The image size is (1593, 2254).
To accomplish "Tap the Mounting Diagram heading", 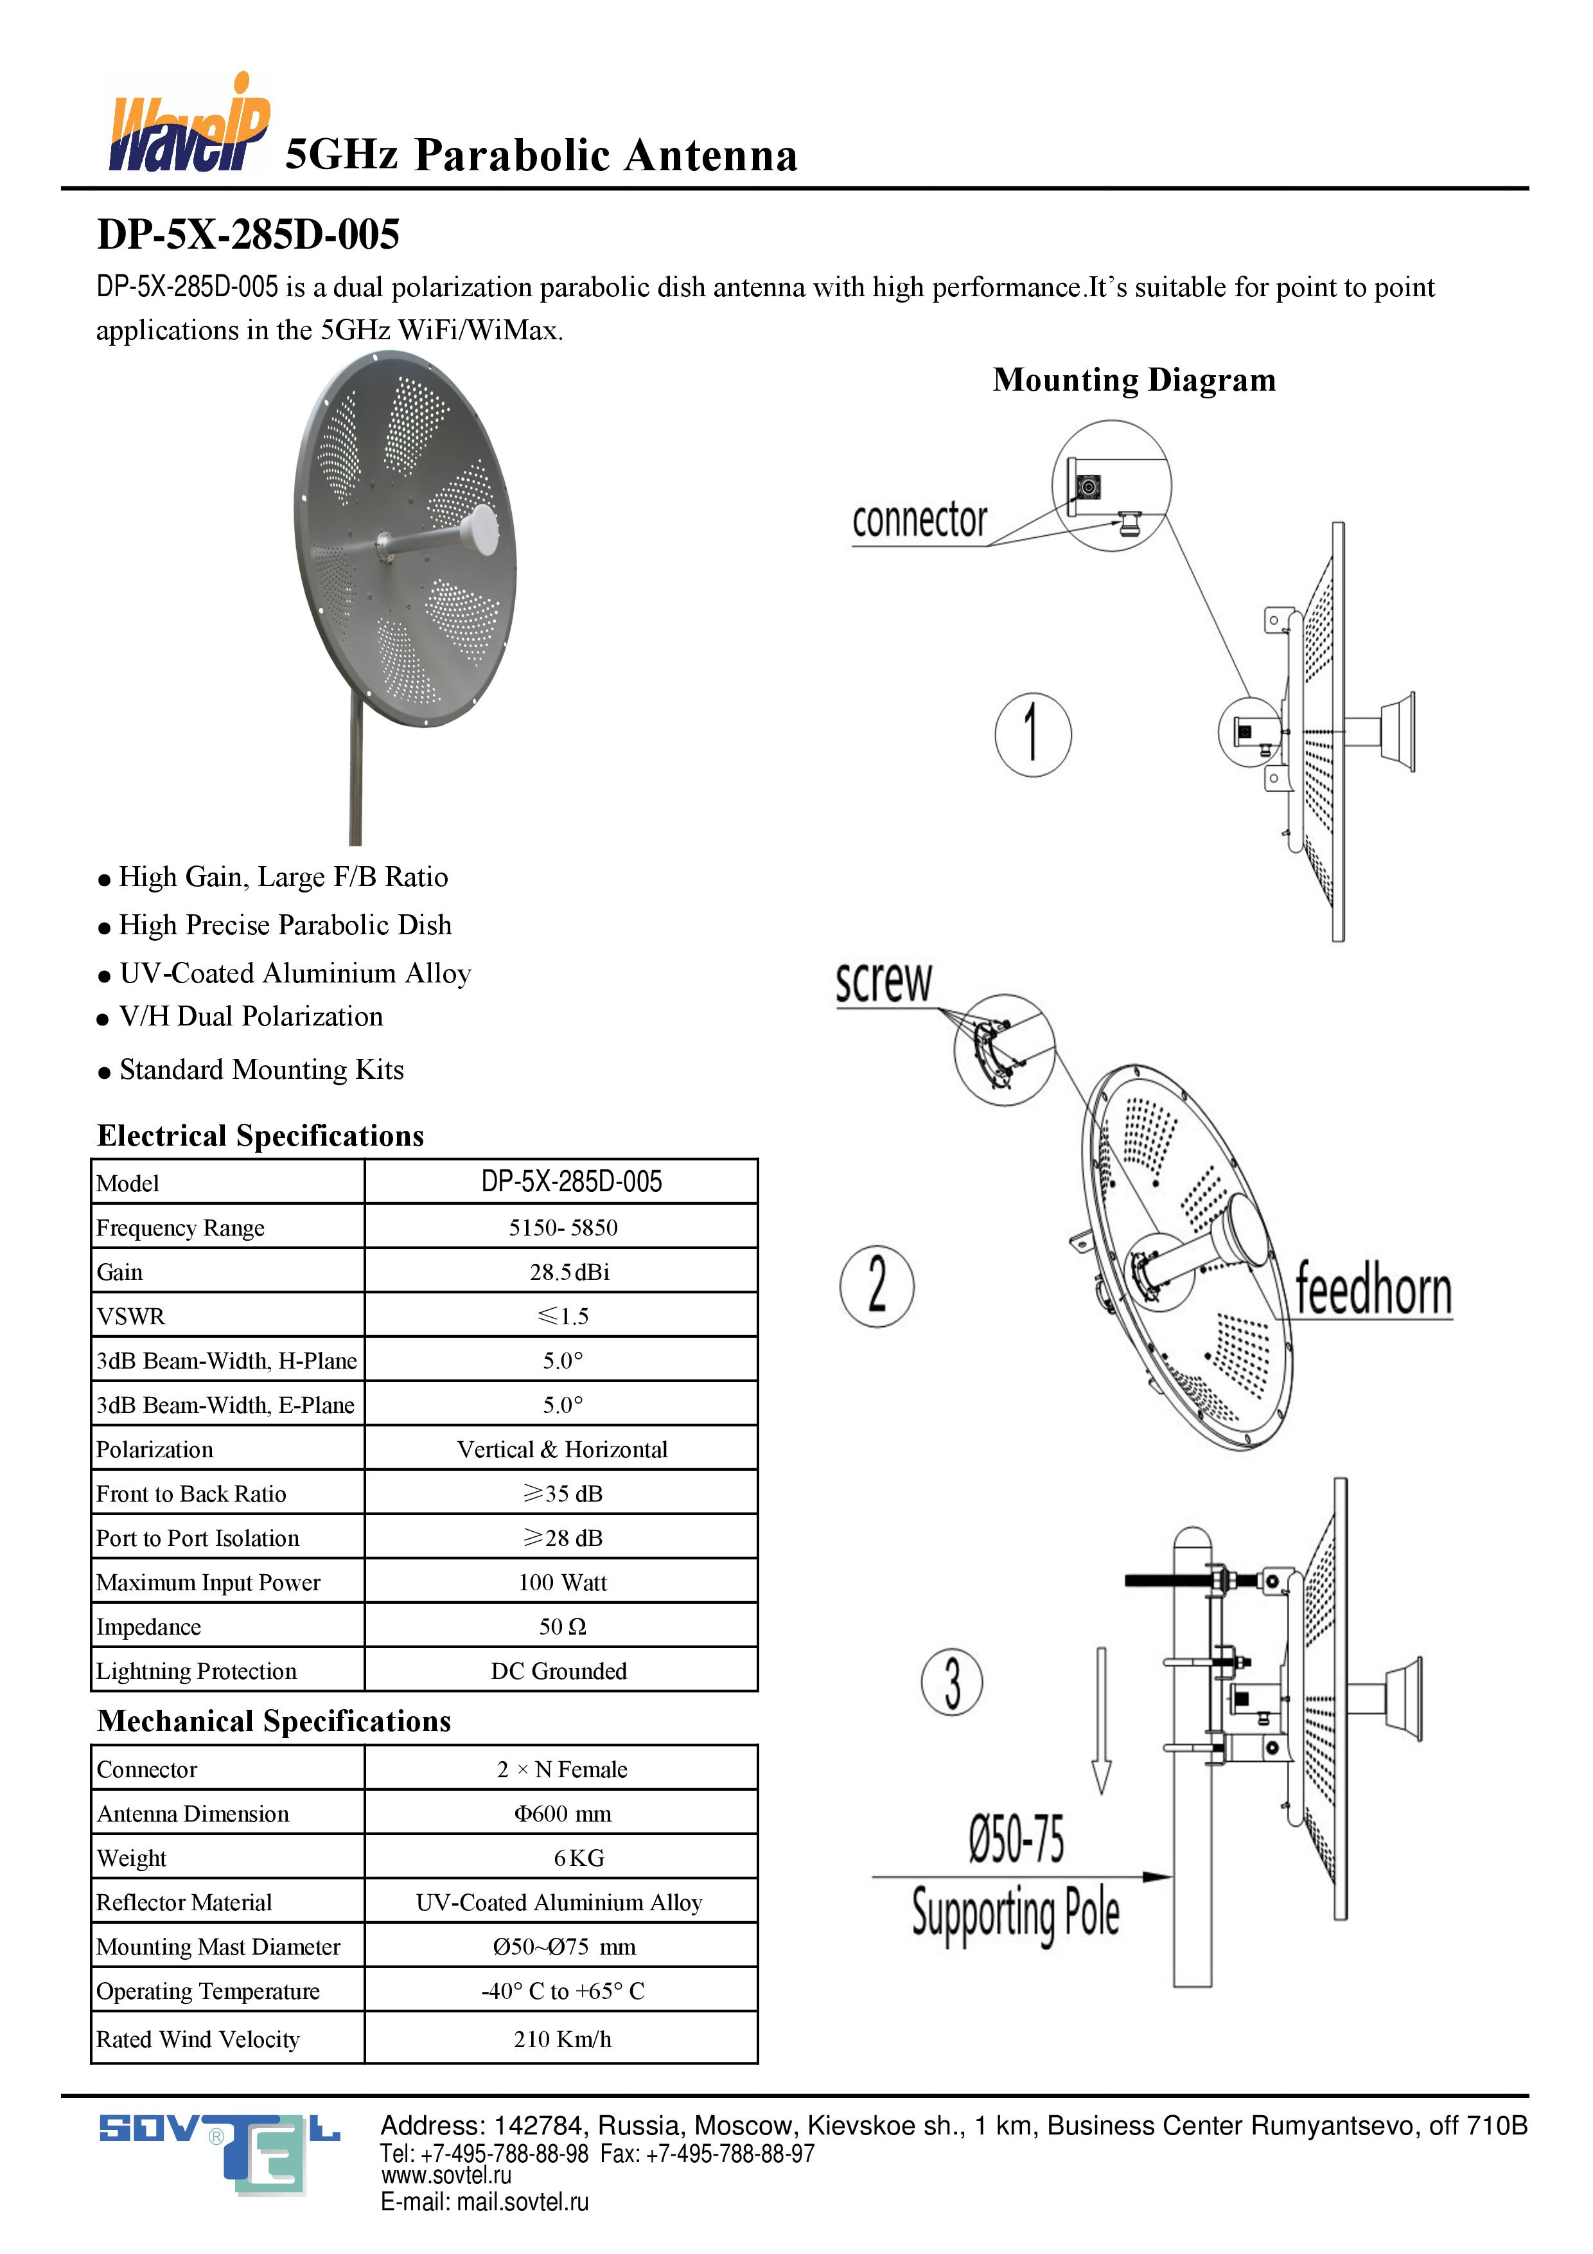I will tap(1134, 380).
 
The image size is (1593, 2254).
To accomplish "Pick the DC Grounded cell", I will tap(558, 1670).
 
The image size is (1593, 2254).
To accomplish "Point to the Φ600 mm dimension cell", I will tap(563, 1813).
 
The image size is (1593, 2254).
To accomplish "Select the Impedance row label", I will tap(148, 1627).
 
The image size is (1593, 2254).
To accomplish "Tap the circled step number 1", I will tap(1032, 734).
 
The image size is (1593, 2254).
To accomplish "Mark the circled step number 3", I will tap(951, 1681).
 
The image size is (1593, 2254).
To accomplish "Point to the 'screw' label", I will tap(883, 982).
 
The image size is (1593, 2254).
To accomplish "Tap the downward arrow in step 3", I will tap(1101, 1719).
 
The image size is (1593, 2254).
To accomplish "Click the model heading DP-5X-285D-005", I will tap(249, 235).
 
